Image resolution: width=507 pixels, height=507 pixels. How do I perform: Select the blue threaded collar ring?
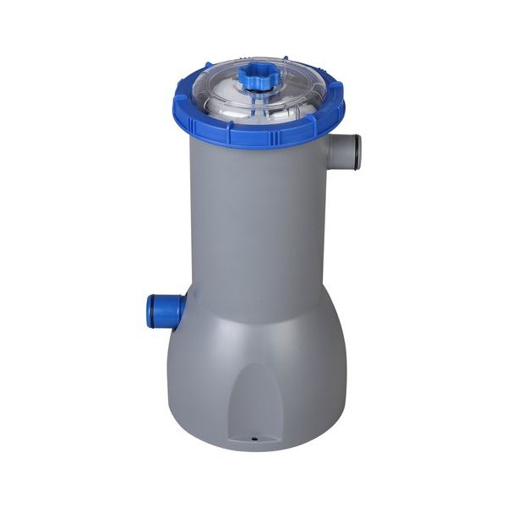(x=253, y=131)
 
